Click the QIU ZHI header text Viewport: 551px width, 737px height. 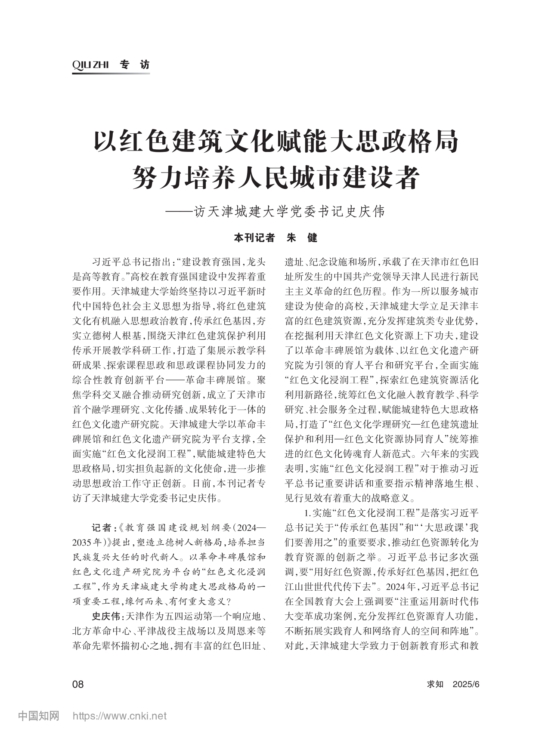click(91, 65)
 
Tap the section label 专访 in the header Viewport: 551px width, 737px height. click(134, 65)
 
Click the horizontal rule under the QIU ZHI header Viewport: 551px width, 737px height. click(111, 74)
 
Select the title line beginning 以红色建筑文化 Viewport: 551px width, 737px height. click(275, 142)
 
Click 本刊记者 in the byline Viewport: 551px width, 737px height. click(254, 237)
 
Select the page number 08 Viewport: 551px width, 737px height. click(78, 684)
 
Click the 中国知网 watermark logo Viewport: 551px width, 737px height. click(38, 716)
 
